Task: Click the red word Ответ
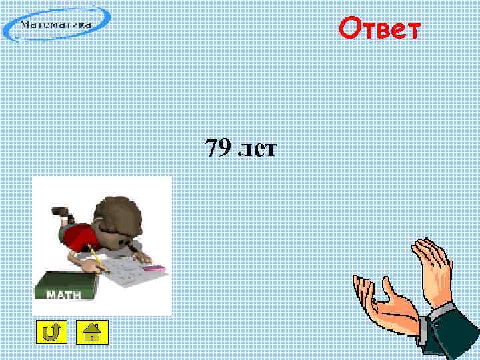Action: coord(379,29)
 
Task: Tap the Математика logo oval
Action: coord(57,25)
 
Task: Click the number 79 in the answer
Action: coord(218,149)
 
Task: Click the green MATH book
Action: coord(65,287)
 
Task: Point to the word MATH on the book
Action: coord(65,295)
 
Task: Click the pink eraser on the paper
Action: coord(154,267)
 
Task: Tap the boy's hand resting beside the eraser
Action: coord(141,256)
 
